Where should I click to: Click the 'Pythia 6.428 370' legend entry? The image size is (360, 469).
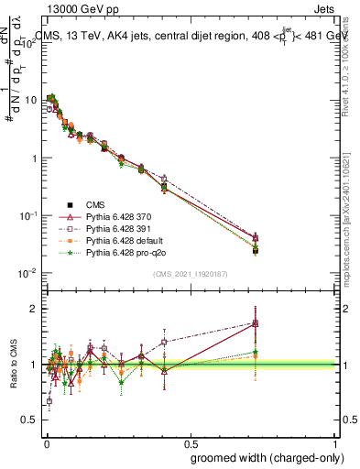(x=120, y=216)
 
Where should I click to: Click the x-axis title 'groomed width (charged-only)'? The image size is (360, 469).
(x=264, y=456)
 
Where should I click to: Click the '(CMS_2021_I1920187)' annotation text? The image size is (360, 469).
(x=190, y=273)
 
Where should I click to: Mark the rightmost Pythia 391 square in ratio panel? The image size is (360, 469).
(x=256, y=322)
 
